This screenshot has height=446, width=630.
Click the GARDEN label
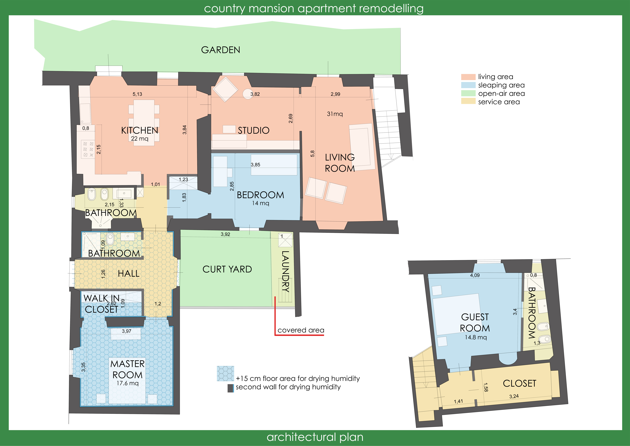[x=221, y=50]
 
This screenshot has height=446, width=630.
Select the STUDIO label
[x=254, y=130]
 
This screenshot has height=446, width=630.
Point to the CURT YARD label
[x=227, y=269]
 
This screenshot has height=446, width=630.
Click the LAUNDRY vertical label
[x=285, y=271]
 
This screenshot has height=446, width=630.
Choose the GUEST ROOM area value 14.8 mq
[x=476, y=337]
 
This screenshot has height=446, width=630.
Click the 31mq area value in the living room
[x=335, y=114]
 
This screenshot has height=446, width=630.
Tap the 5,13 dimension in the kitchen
[x=137, y=94]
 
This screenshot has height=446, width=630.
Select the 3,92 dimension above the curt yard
[x=225, y=234]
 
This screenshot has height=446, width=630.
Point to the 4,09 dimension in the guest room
[x=475, y=275]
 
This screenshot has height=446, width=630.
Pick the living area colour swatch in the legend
[x=468, y=77]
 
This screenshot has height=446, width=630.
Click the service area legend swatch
[x=468, y=101]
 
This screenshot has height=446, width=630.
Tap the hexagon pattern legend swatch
[x=225, y=373]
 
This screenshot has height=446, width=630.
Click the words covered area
[x=301, y=330]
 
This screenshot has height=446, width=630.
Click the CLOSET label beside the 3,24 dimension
[x=519, y=383]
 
